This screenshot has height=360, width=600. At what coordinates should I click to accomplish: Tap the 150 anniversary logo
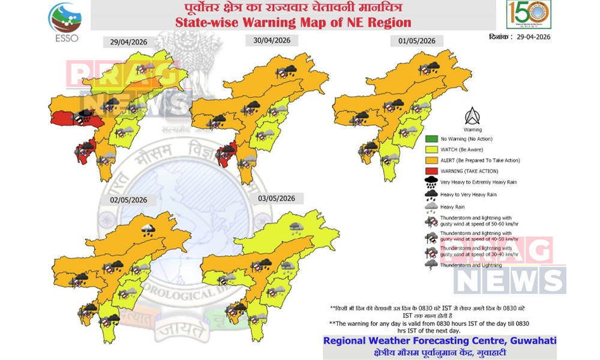pyautogui.click(x=529, y=14)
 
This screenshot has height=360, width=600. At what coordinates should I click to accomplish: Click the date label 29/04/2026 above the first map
pyautogui.click(x=128, y=42)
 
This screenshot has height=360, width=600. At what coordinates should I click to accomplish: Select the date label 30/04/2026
pyautogui.click(x=272, y=40)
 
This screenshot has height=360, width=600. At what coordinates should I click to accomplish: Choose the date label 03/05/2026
pyautogui.click(x=277, y=198)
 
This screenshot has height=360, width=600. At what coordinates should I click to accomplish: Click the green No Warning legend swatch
pyautogui.click(x=431, y=139)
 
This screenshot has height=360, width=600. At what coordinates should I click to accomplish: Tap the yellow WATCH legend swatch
pyautogui.click(x=431, y=149)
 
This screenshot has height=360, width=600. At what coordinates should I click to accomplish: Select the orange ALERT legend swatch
pyautogui.click(x=431, y=160)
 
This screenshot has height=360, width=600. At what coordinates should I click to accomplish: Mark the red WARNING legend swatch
pyautogui.click(x=431, y=171)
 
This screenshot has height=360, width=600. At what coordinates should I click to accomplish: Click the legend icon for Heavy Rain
pyautogui.click(x=431, y=207)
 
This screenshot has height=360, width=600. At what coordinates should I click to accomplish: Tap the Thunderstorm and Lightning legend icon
pyautogui.click(x=431, y=263)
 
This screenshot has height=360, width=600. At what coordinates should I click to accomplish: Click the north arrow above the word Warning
pyautogui.click(x=472, y=116)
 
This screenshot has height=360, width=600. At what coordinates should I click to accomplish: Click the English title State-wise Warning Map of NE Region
pyautogui.click(x=293, y=23)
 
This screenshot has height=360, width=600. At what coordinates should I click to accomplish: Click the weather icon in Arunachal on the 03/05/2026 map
pyautogui.click(x=296, y=227)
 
